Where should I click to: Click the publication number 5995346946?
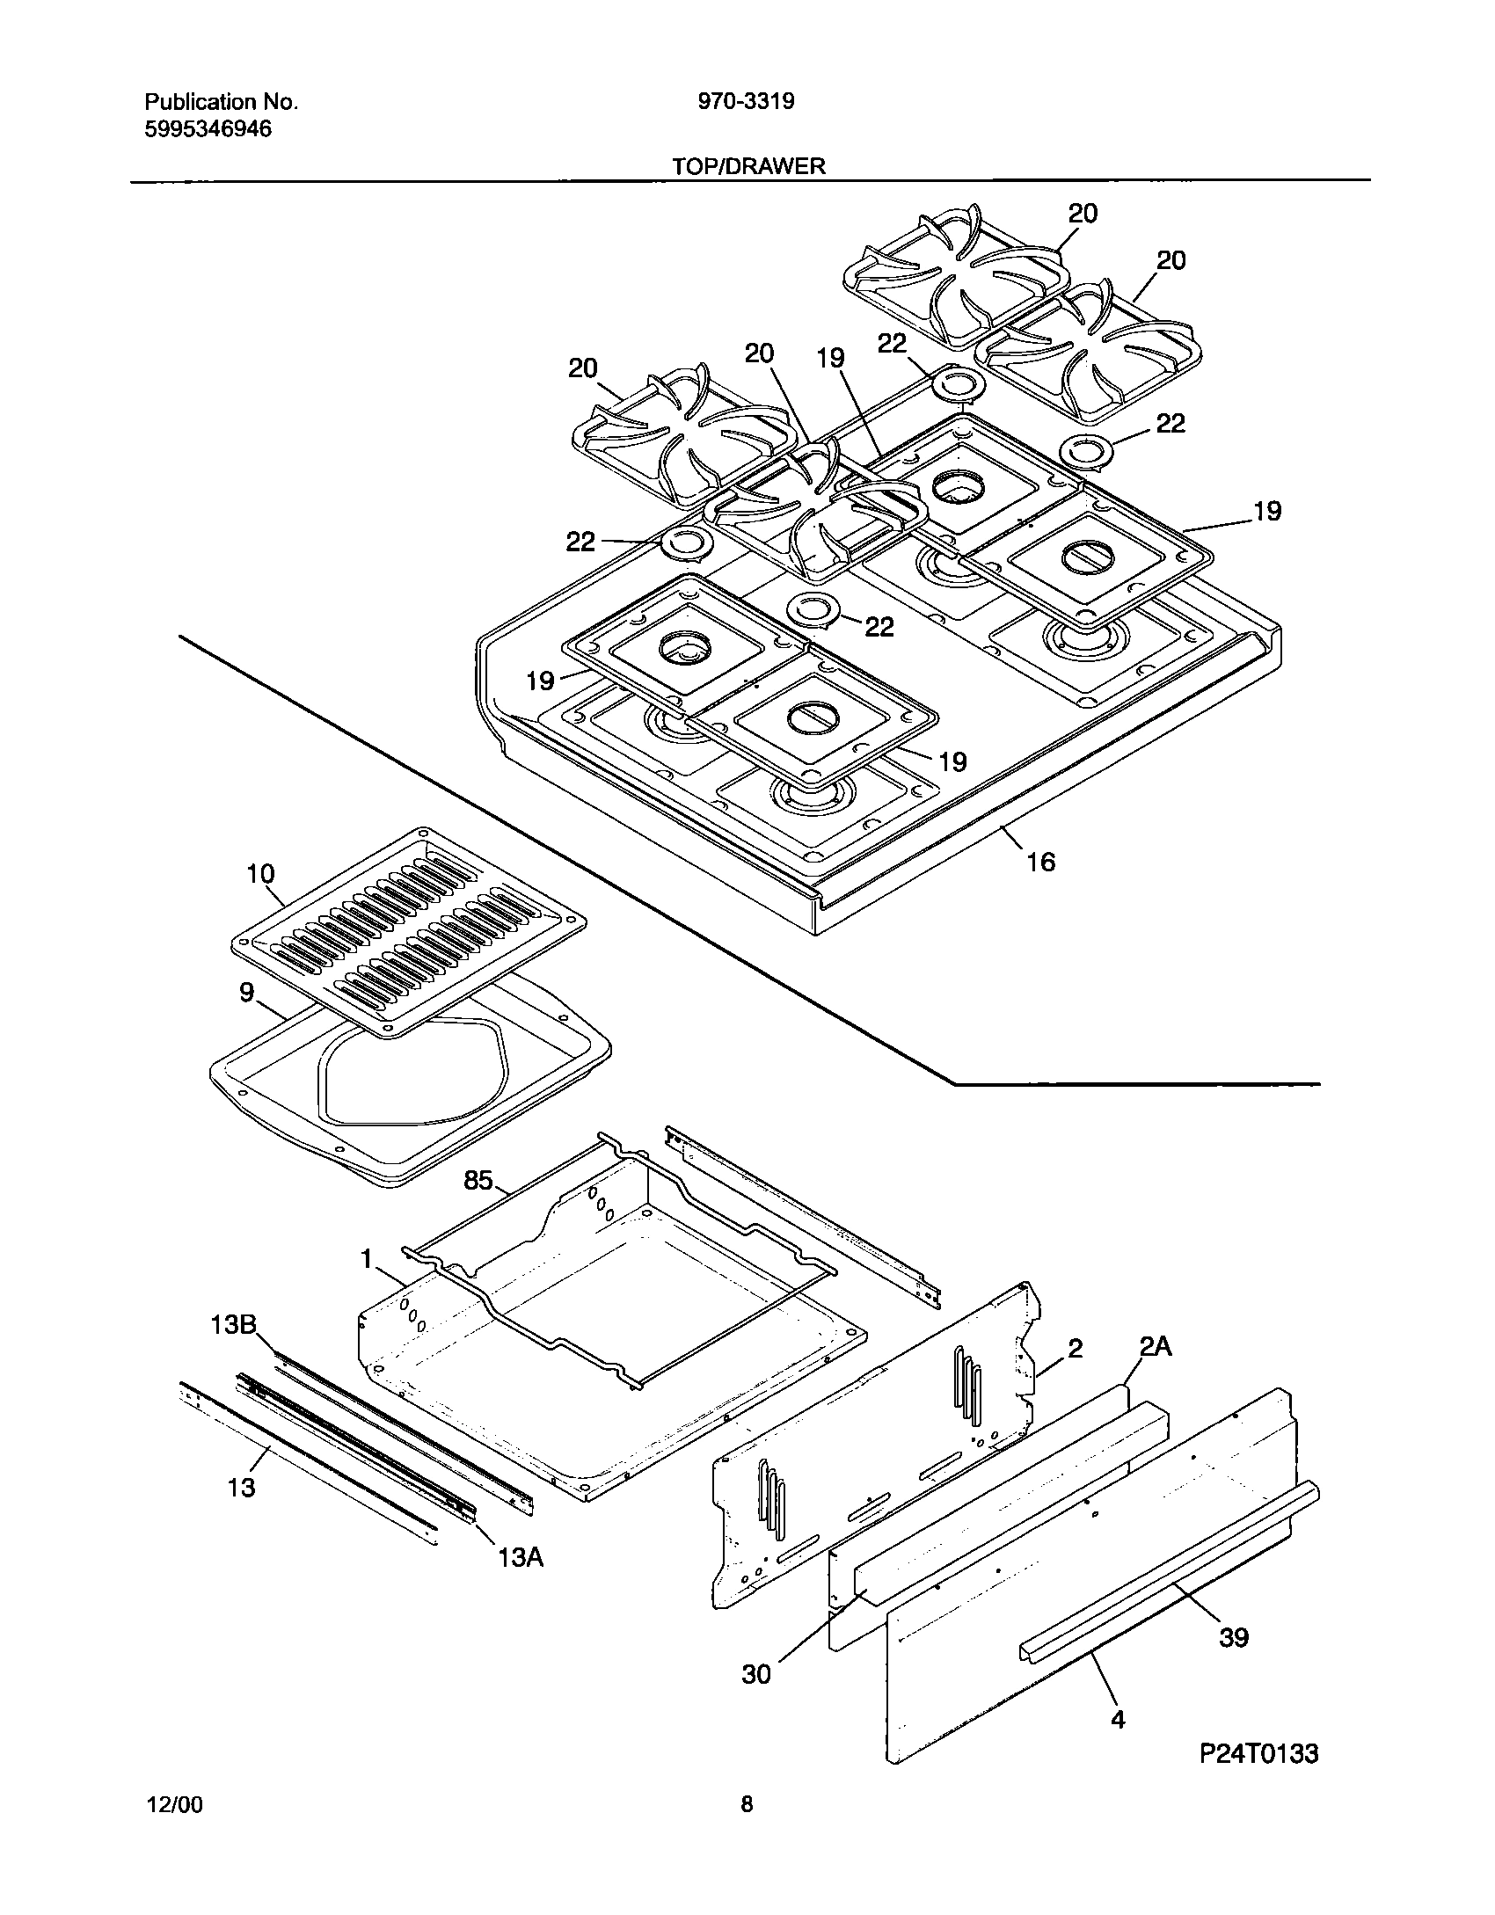[x=208, y=129]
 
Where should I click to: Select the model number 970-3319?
[x=746, y=102]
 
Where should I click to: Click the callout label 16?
[x=1040, y=862]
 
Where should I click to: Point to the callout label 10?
[x=260, y=874]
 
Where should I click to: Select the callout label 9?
[x=247, y=993]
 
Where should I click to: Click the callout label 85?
[x=478, y=1181]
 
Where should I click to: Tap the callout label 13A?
[x=520, y=1558]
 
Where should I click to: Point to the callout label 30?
[x=756, y=1674]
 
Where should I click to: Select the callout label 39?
[x=1234, y=1637]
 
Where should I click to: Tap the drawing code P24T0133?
[x=1259, y=1779]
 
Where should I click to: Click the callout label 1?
[x=367, y=1260]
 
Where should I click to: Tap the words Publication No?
[x=221, y=102]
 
